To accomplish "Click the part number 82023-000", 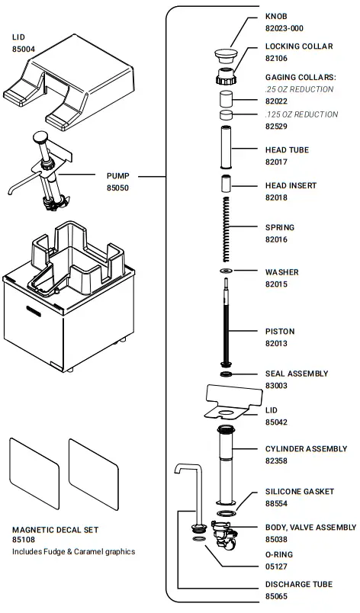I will (x=284, y=28).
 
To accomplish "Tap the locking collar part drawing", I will (x=226, y=77).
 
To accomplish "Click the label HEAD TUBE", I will (x=287, y=150).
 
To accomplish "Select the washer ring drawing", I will (x=225, y=271).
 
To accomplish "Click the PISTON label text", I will (x=279, y=332).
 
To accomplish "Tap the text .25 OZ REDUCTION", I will (x=299, y=89).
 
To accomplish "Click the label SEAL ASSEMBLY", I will (x=297, y=374).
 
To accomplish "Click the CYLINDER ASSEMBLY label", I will (x=306, y=449).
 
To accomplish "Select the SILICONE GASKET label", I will (x=299, y=492).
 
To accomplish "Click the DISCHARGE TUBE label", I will (x=298, y=585).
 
